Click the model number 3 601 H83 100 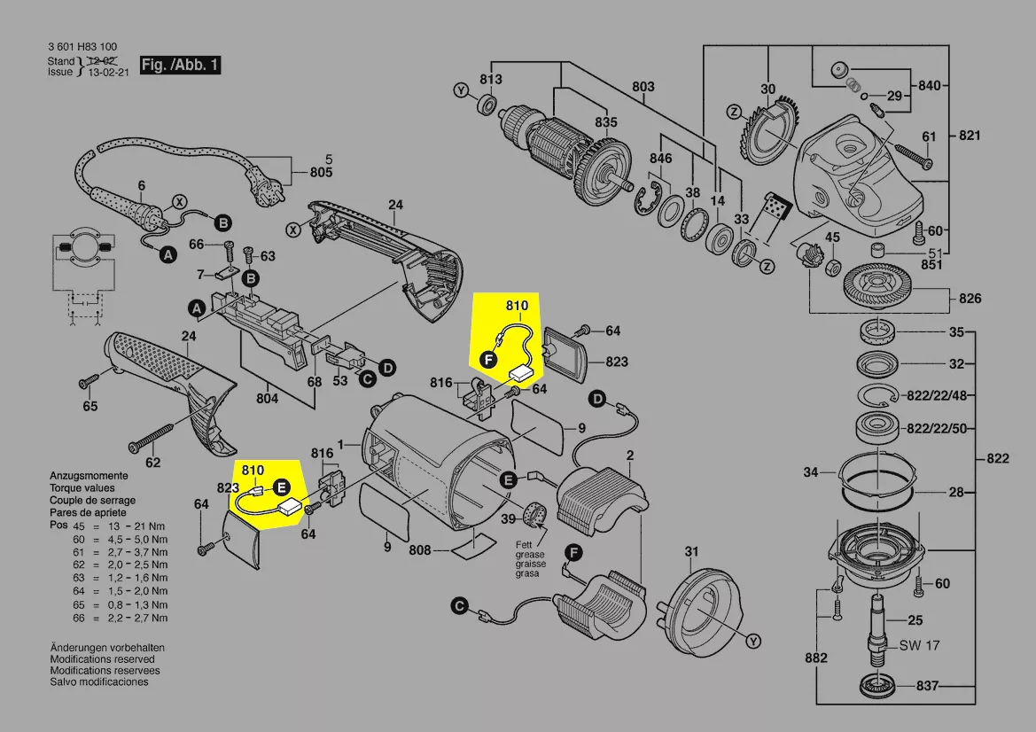(x=82, y=47)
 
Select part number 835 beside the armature (x=606, y=121)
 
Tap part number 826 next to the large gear (x=970, y=299)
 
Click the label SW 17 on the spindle (x=919, y=645)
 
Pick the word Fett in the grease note (x=526, y=544)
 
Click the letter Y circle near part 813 (x=460, y=90)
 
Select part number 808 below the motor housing (x=420, y=550)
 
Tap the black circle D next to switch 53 (x=387, y=367)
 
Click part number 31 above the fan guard (x=691, y=553)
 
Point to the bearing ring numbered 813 (x=486, y=105)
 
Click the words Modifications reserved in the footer (x=102, y=659)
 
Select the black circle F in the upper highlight (x=487, y=359)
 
